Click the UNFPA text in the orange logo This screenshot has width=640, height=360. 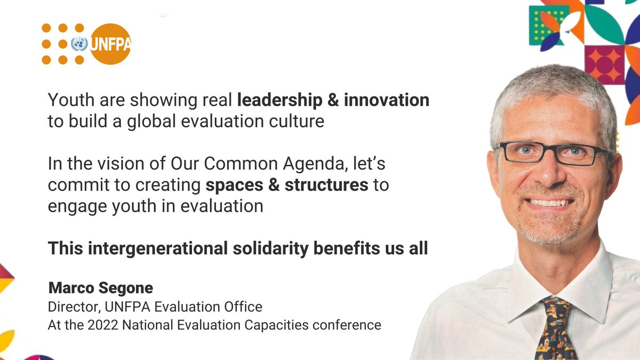109,44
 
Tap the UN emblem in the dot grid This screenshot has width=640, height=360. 79,44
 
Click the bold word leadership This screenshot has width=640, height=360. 281,100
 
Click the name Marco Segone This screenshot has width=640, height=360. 101,289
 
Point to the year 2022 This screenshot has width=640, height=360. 97,325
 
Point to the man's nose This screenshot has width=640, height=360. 549,171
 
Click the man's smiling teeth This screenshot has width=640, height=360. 550,203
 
